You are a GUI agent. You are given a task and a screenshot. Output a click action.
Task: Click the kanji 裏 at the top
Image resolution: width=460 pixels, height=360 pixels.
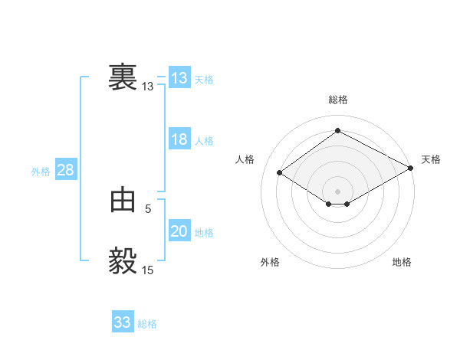(x=123, y=78)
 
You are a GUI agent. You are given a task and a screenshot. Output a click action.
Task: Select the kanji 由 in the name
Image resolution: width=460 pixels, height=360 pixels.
(x=123, y=201)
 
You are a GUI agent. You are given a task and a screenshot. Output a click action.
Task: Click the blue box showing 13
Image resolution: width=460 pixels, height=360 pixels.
(x=179, y=78)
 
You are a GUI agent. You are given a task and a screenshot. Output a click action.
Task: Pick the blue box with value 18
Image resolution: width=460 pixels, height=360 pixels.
(x=179, y=139)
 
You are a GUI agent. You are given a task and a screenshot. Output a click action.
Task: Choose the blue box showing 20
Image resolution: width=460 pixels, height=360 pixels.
(x=179, y=231)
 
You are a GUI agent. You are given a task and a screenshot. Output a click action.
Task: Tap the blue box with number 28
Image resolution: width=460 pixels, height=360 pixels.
(x=65, y=170)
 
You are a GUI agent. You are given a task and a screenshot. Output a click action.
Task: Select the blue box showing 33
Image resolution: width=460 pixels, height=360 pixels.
(x=123, y=322)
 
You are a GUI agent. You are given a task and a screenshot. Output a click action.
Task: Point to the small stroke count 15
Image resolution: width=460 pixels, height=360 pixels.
(x=148, y=270)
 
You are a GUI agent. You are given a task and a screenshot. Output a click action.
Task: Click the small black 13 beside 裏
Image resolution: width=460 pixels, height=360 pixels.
(x=148, y=87)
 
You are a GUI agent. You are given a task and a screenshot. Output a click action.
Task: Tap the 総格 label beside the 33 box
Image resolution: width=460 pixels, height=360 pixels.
(x=147, y=324)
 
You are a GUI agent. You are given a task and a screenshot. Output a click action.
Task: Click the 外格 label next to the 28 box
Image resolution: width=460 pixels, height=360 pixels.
(x=41, y=172)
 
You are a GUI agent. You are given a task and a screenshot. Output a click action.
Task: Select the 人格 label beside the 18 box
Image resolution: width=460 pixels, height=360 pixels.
(x=204, y=141)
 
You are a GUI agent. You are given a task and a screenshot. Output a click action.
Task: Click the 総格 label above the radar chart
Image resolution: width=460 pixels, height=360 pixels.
(x=337, y=100)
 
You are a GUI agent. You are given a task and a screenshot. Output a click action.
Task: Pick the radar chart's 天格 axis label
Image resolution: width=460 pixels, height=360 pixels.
(x=431, y=159)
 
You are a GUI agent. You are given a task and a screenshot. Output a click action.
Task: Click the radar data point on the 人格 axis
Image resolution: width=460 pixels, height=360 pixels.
(x=280, y=173)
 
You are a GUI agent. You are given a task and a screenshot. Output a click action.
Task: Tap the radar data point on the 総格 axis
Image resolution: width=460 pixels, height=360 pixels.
(x=337, y=131)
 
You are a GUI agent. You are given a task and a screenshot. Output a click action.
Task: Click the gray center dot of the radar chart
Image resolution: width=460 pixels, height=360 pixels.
(x=337, y=190)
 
